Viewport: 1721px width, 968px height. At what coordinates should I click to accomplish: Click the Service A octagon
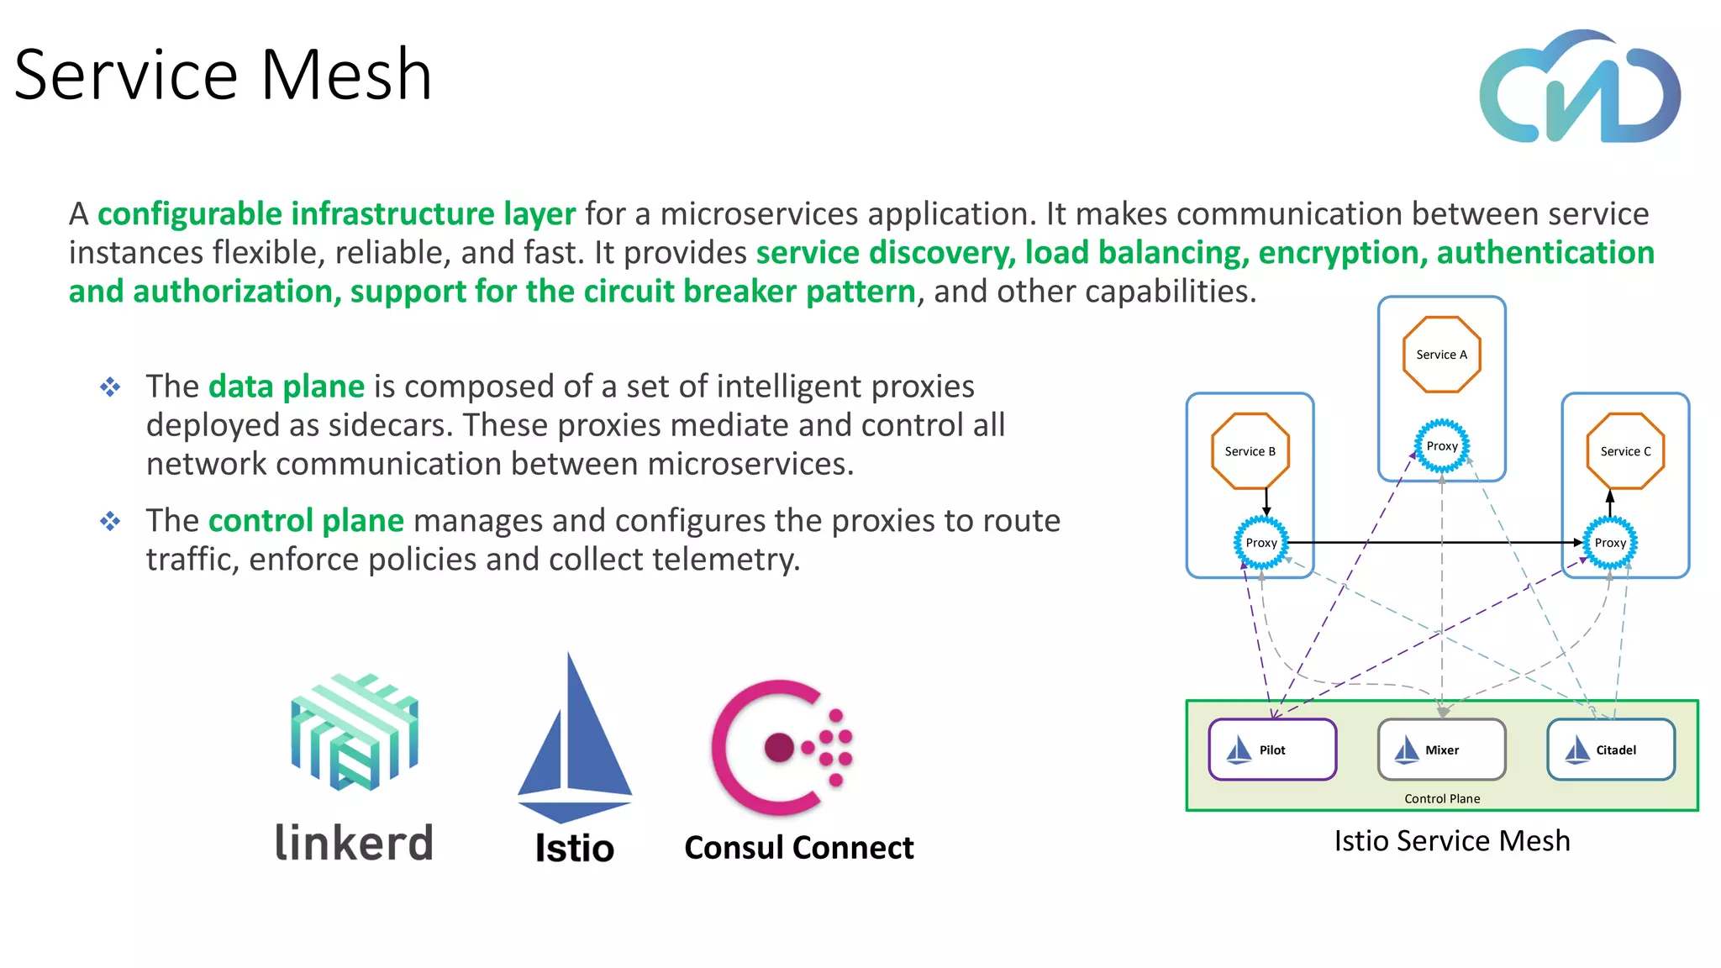1441,354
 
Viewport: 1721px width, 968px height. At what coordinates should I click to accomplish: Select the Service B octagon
1250,451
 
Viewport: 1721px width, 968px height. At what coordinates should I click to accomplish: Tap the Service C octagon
1625,451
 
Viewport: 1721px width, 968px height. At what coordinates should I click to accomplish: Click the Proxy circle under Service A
1442,446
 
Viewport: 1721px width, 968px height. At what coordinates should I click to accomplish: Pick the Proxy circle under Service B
1260,543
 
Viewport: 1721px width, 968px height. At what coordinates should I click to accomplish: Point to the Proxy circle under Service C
1610,543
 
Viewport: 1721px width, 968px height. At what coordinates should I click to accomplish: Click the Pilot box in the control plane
1272,750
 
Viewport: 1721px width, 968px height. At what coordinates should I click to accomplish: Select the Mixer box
1441,750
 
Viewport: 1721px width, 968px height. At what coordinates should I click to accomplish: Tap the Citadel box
1611,750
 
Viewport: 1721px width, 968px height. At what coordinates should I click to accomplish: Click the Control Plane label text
1442,798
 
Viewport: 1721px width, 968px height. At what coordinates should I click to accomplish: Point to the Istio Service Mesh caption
1451,841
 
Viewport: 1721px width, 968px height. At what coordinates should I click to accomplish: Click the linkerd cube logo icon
354,732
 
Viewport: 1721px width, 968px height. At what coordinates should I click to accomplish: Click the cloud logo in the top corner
1579,87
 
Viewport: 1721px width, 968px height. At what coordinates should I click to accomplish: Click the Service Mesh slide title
223,75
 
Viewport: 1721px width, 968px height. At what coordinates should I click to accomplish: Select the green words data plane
286,387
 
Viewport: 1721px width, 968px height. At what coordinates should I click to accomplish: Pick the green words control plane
306,521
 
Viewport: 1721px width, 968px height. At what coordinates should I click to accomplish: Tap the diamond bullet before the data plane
110,387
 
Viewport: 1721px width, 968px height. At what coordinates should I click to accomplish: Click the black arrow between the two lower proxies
1429,543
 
